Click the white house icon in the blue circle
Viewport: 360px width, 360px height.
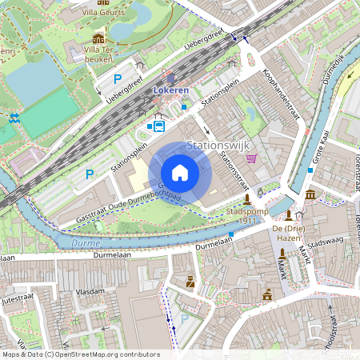[x=180, y=173]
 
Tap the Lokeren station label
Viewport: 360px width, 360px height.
[x=170, y=91]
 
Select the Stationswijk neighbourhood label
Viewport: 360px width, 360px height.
[x=218, y=146]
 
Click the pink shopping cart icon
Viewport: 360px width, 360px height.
[x=252, y=158]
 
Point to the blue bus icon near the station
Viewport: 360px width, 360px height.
[x=159, y=126]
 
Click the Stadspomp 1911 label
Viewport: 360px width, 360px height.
[x=246, y=215]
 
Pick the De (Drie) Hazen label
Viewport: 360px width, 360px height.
[x=289, y=232]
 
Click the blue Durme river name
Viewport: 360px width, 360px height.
[x=85, y=242]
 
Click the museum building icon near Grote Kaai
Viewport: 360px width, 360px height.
[x=310, y=195]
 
